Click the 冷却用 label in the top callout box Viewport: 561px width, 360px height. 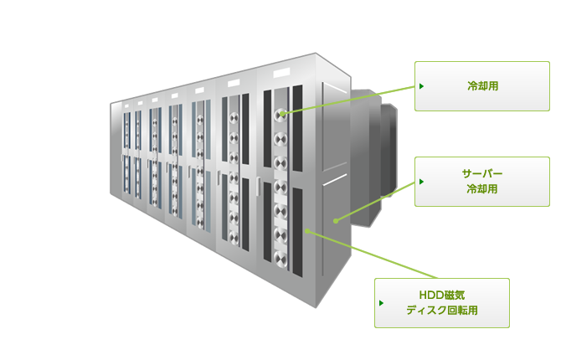(x=482, y=86)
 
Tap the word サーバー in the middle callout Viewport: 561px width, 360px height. (x=482, y=174)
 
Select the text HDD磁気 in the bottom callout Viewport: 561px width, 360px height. (x=442, y=296)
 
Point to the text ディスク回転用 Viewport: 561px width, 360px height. (x=442, y=311)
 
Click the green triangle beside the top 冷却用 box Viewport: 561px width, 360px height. (x=421, y=86)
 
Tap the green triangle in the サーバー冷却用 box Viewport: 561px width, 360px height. (x=421, y=182)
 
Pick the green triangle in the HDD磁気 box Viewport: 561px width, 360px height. (x=381, y=303)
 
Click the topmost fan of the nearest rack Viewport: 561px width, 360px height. (x=280, y=115)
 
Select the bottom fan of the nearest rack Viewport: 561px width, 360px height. (x=280, y=259)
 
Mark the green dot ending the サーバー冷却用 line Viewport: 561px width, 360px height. (x=336, y=221)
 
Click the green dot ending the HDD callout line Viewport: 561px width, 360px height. (x=307, y=231)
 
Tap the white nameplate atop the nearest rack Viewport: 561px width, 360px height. (x=281, y=74)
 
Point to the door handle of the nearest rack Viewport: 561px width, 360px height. (x=259, y=186)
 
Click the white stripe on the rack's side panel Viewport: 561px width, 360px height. (x=335, y=180)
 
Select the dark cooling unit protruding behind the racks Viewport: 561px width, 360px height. (x=374, y=157)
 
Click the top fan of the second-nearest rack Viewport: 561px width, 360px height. (x=234, y=118)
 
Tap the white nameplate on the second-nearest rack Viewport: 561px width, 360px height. (x=234, y=83)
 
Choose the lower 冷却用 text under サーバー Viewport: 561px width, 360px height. (x=482, y=189)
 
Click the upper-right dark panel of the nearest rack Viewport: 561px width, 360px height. (x=298, y=128)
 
